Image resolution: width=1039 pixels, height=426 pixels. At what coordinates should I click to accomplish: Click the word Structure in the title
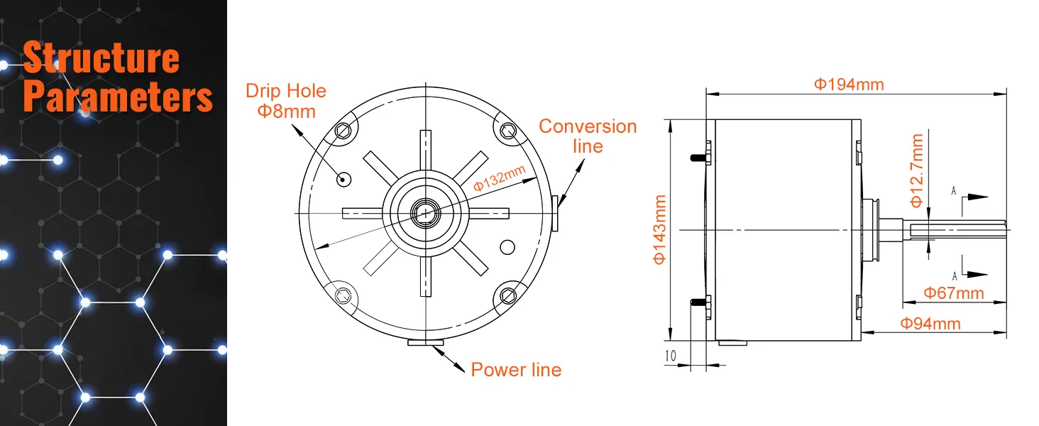101,58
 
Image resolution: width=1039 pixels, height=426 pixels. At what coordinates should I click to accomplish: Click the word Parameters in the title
118,97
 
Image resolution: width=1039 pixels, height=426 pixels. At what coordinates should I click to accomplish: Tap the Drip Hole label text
286,91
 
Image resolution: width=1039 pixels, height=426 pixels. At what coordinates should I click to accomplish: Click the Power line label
516,370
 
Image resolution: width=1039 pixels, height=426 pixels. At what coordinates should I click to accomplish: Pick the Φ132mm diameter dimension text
500,177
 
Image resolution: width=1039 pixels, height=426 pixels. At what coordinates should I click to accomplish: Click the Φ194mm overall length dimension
849,84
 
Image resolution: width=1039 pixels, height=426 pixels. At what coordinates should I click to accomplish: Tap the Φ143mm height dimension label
659,229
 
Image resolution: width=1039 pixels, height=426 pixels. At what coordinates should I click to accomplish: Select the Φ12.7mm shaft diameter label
917,170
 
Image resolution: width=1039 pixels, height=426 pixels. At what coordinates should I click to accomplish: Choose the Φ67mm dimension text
953,293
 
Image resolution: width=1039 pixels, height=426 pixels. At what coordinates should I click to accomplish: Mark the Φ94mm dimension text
930,324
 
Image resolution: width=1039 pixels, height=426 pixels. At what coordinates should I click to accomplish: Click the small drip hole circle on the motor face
344,178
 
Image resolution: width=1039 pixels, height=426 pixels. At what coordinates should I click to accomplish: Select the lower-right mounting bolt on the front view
507,295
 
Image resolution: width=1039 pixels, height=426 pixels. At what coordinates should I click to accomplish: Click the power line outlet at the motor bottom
426,343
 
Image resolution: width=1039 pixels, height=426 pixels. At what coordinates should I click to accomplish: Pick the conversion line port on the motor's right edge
555,213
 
